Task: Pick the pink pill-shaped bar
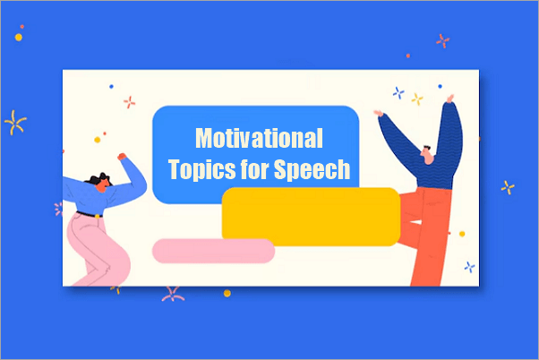213,251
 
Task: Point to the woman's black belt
89,214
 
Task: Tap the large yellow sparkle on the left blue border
15,122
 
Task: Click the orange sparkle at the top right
441,40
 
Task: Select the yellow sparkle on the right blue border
508,187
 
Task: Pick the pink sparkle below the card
171,294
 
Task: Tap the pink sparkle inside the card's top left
130,101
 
